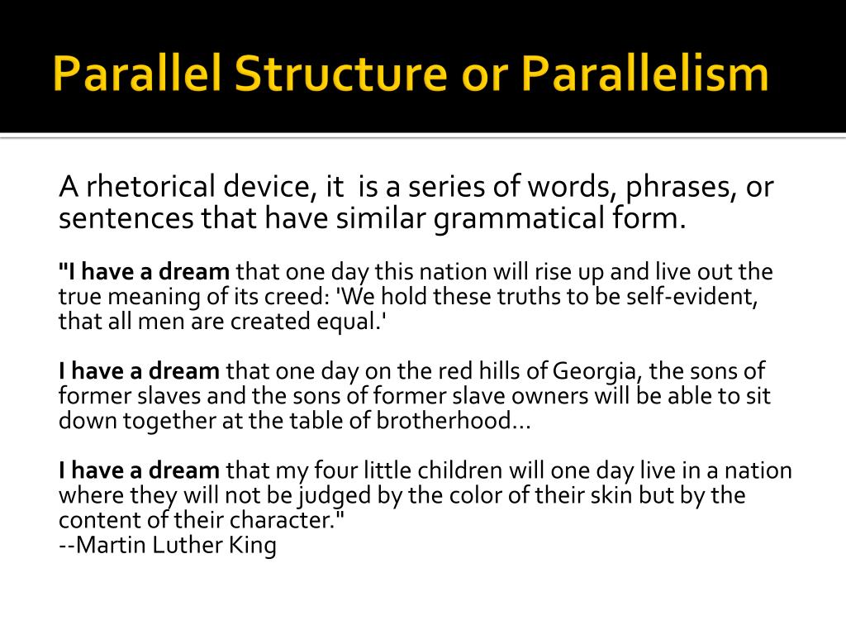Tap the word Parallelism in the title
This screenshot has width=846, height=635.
645,74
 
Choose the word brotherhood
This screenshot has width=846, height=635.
453,421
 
